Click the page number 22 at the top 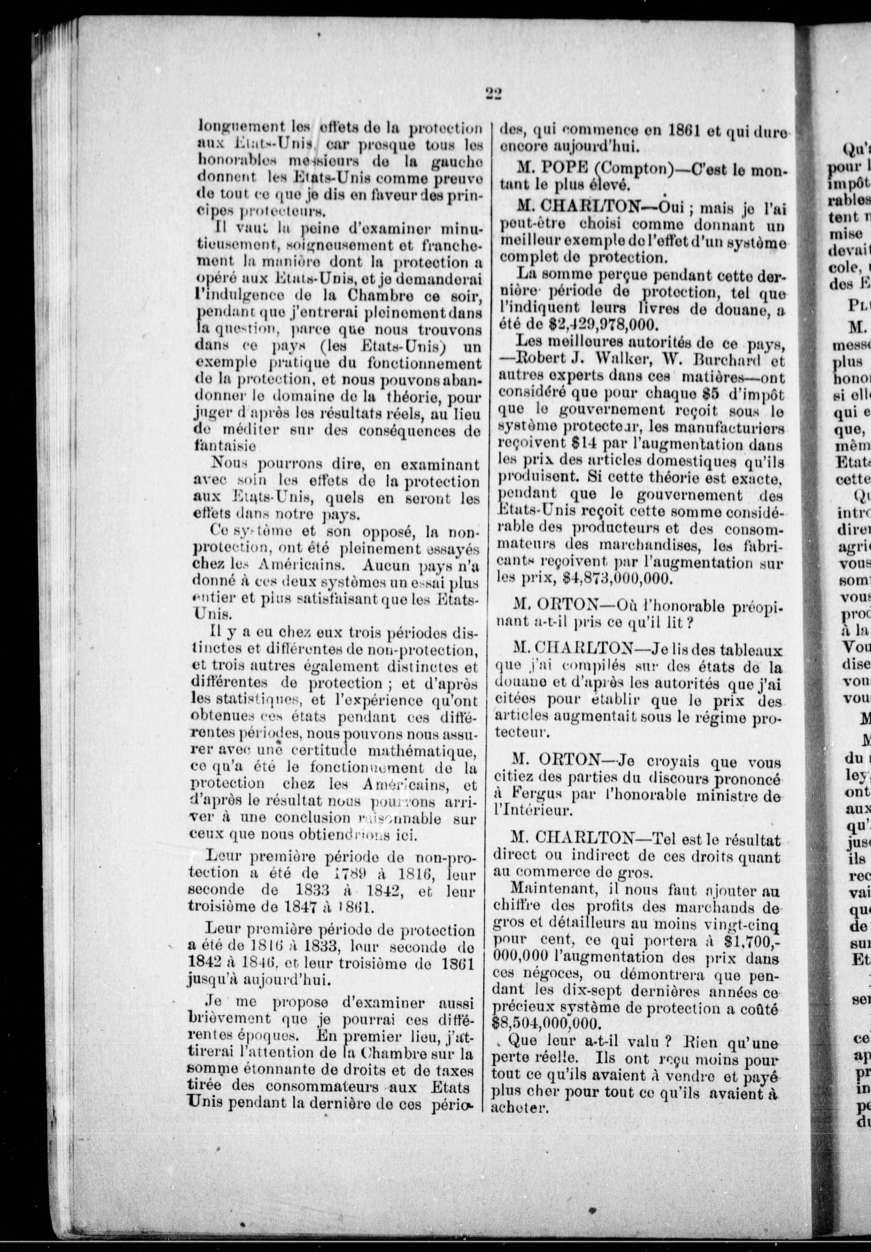493,94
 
